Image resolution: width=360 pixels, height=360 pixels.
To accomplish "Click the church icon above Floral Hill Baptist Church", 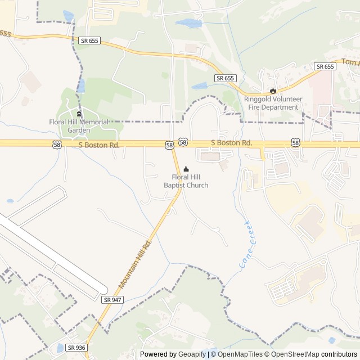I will [x=186, y=169].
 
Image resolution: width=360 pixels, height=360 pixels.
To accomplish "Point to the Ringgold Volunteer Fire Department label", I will [x=273, y=103].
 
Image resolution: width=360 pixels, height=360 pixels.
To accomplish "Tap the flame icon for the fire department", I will [x=273, y=91].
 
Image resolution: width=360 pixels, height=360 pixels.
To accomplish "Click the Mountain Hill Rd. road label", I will [x=136, y=263].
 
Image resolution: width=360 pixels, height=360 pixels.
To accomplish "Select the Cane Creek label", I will [x=247, y=245].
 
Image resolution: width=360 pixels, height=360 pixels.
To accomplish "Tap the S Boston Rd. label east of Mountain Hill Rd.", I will [x=231, y=143].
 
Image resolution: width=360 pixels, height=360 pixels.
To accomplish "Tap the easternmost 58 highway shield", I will [x=295, y=143].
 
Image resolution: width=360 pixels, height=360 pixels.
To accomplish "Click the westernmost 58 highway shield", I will [x=57, y=145].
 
